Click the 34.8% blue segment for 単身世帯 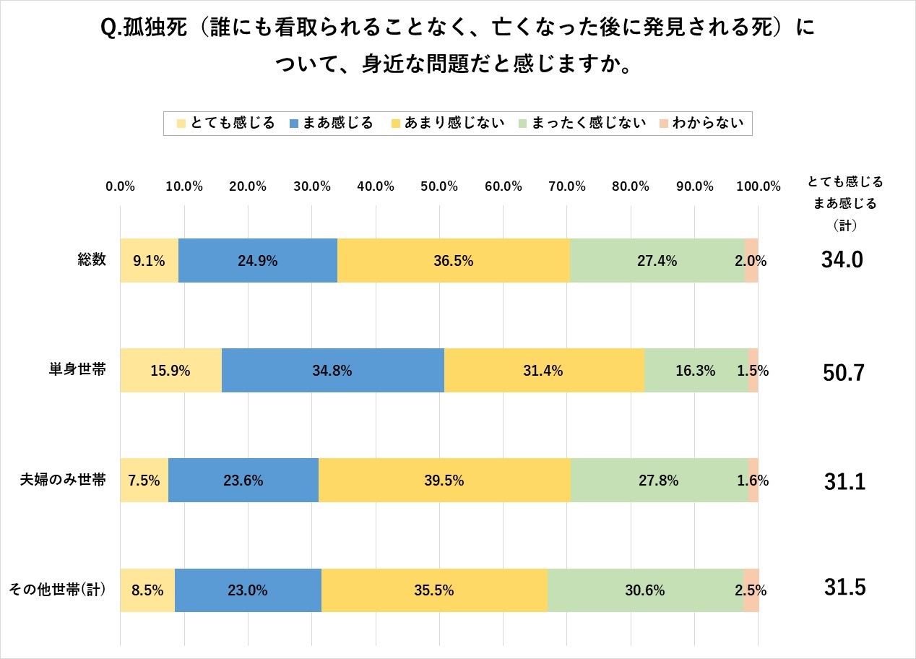(333, 371)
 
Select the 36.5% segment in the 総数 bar (454, 260)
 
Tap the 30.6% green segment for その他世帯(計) (645, 590)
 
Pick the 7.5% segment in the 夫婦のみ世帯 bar (144, 481)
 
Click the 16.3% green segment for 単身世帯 (696, 371)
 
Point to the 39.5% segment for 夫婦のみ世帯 (444, 481)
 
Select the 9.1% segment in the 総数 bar (150, 260)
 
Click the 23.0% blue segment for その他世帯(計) (248, 590)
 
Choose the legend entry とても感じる (225, 123)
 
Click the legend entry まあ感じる (330, 123)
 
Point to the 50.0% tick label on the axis (439, 186)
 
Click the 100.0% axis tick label (758, 186)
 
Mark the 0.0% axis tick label (121, 186)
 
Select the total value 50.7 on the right (843, 373)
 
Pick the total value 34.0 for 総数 (843, 261)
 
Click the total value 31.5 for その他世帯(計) (843, 588)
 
